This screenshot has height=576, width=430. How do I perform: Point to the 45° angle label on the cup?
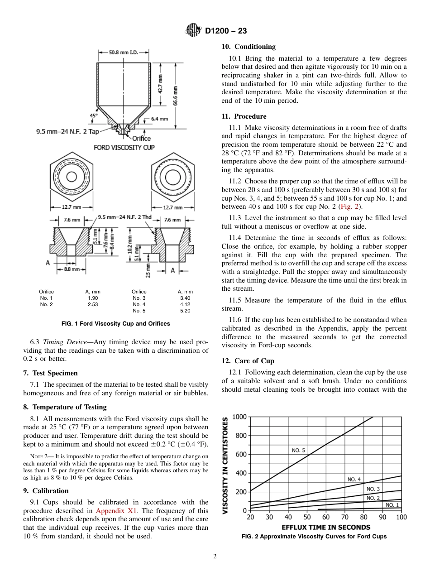click(x=94, y=115)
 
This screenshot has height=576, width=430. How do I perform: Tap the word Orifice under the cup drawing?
click(x=141, y=138)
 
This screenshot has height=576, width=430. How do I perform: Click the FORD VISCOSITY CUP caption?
click(x=124, y=148)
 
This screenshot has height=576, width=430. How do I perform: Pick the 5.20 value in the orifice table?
click(x=185, y=311)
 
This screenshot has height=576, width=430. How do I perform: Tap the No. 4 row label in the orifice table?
click(x=139, y=304)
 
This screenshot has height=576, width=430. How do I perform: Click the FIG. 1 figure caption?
click(x=116, y=324)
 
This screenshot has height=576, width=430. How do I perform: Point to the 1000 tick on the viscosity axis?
click(x=239, y=417)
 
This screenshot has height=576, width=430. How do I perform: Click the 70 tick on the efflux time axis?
click(x=345, y=517)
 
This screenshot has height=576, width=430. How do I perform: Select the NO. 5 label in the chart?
click(x=298, y=450)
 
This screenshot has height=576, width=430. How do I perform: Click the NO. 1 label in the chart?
click(x=392, y=505)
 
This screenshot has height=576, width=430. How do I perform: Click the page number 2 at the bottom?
click(x=215, y=557)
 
